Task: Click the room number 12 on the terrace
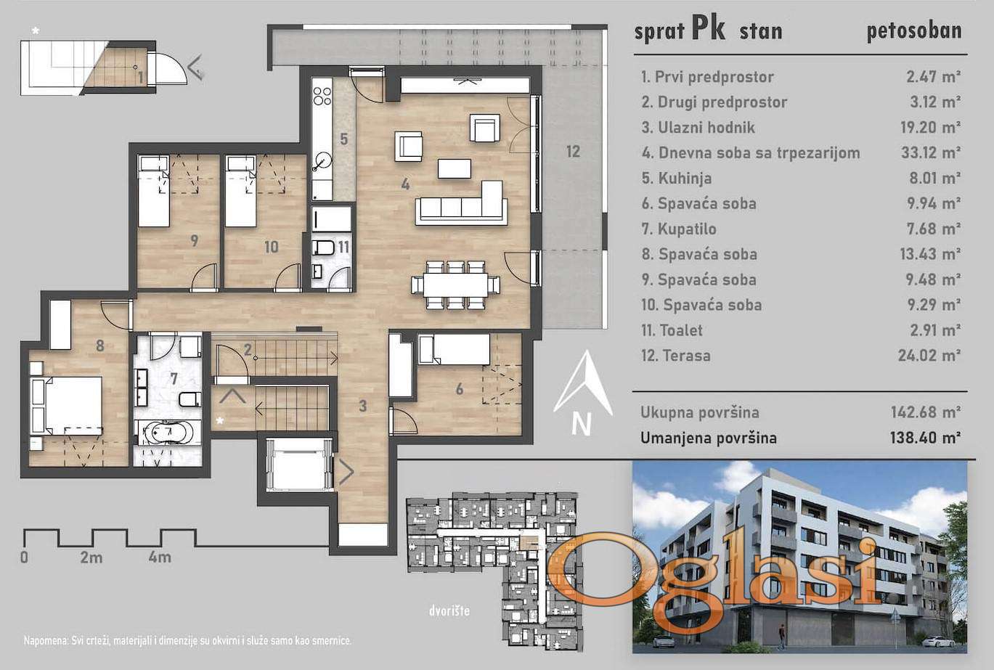tap(573, 152)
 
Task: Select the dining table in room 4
tap(456, 285)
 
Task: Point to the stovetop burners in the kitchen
tap(322, 97)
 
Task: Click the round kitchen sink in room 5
tap(322, 160)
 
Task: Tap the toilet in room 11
tap(322, 248)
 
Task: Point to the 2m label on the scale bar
tap(91, 557)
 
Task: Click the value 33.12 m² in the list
tap(931, 152)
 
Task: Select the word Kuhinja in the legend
tap(685, 179)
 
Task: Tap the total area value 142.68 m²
tap(926, 412)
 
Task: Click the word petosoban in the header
tap(914, 31)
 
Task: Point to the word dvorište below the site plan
tap(449, 611)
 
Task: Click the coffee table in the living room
tap(455, 168)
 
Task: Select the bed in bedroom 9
tap(153, 191)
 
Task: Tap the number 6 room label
tap(460, 389)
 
